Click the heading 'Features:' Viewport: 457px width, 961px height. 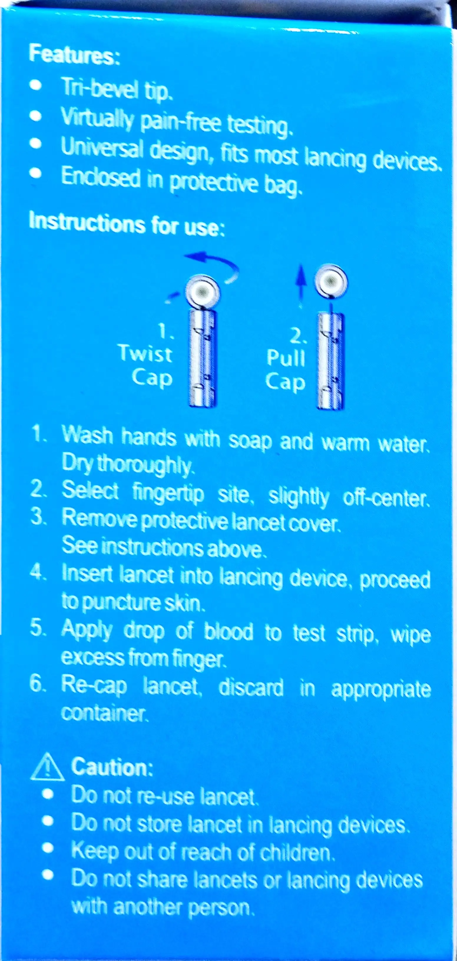pos(74,54)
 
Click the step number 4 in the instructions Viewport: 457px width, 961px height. pos(38,572)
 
